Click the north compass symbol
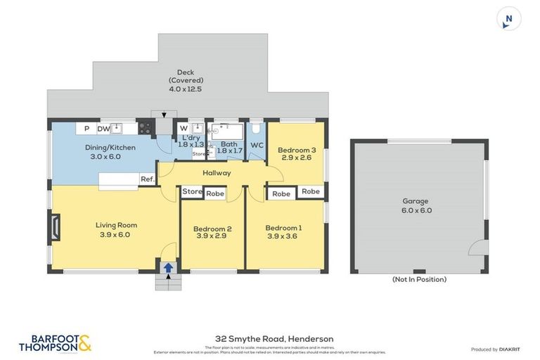click(508, 18)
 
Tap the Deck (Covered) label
click(185, 80)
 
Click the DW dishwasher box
click(103, 129)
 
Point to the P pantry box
click(86, 129)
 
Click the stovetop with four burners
click(146, 128)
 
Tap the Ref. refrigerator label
click(148, 179)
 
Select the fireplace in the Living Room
click(57, 227)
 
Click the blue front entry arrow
click(168, 267)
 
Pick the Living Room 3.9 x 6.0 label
click(116, 230)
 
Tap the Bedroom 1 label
click(283, 232)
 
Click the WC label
click(257, 146)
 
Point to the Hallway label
click(217, 172)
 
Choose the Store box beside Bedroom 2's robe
click(192, 191)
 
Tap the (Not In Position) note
click(419, 279)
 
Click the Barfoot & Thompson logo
click(56, 342)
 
